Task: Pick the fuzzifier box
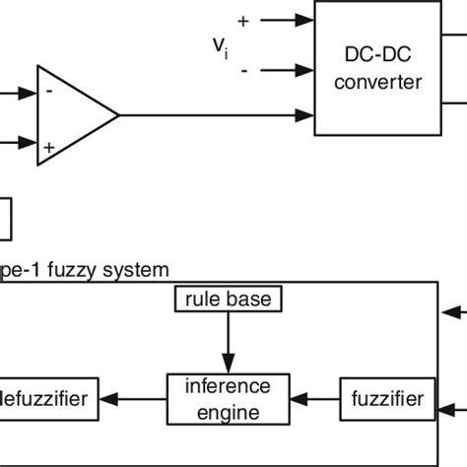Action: [386, 399]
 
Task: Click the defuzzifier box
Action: [49, 399]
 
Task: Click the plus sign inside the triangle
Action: [49, 145]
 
